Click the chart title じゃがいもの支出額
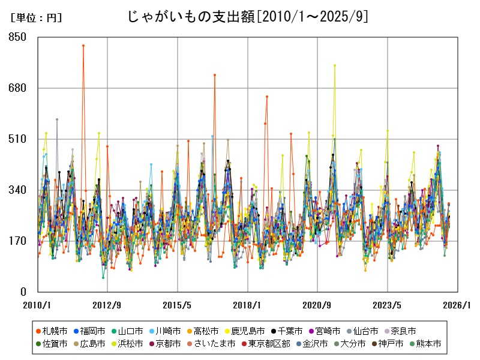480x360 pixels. [x=247, y=16]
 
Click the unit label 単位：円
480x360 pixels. [x=36, y=18]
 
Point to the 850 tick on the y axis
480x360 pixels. [x=19, y=37]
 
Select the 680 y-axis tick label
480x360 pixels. [x=19, y=88]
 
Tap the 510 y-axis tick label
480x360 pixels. [x=19, y=139]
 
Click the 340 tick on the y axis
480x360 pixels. [x=19, y=190]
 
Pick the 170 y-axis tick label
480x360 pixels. [x=19, y=241]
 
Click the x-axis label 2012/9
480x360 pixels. [x=107, y=305]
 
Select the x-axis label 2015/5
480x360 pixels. [x=178, y=305]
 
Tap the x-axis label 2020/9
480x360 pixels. [x=317, y=305]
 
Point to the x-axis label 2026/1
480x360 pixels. [x=457, y=305]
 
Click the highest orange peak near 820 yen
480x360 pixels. [x=83, y=46]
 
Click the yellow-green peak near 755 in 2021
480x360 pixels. [x=335, y=65]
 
